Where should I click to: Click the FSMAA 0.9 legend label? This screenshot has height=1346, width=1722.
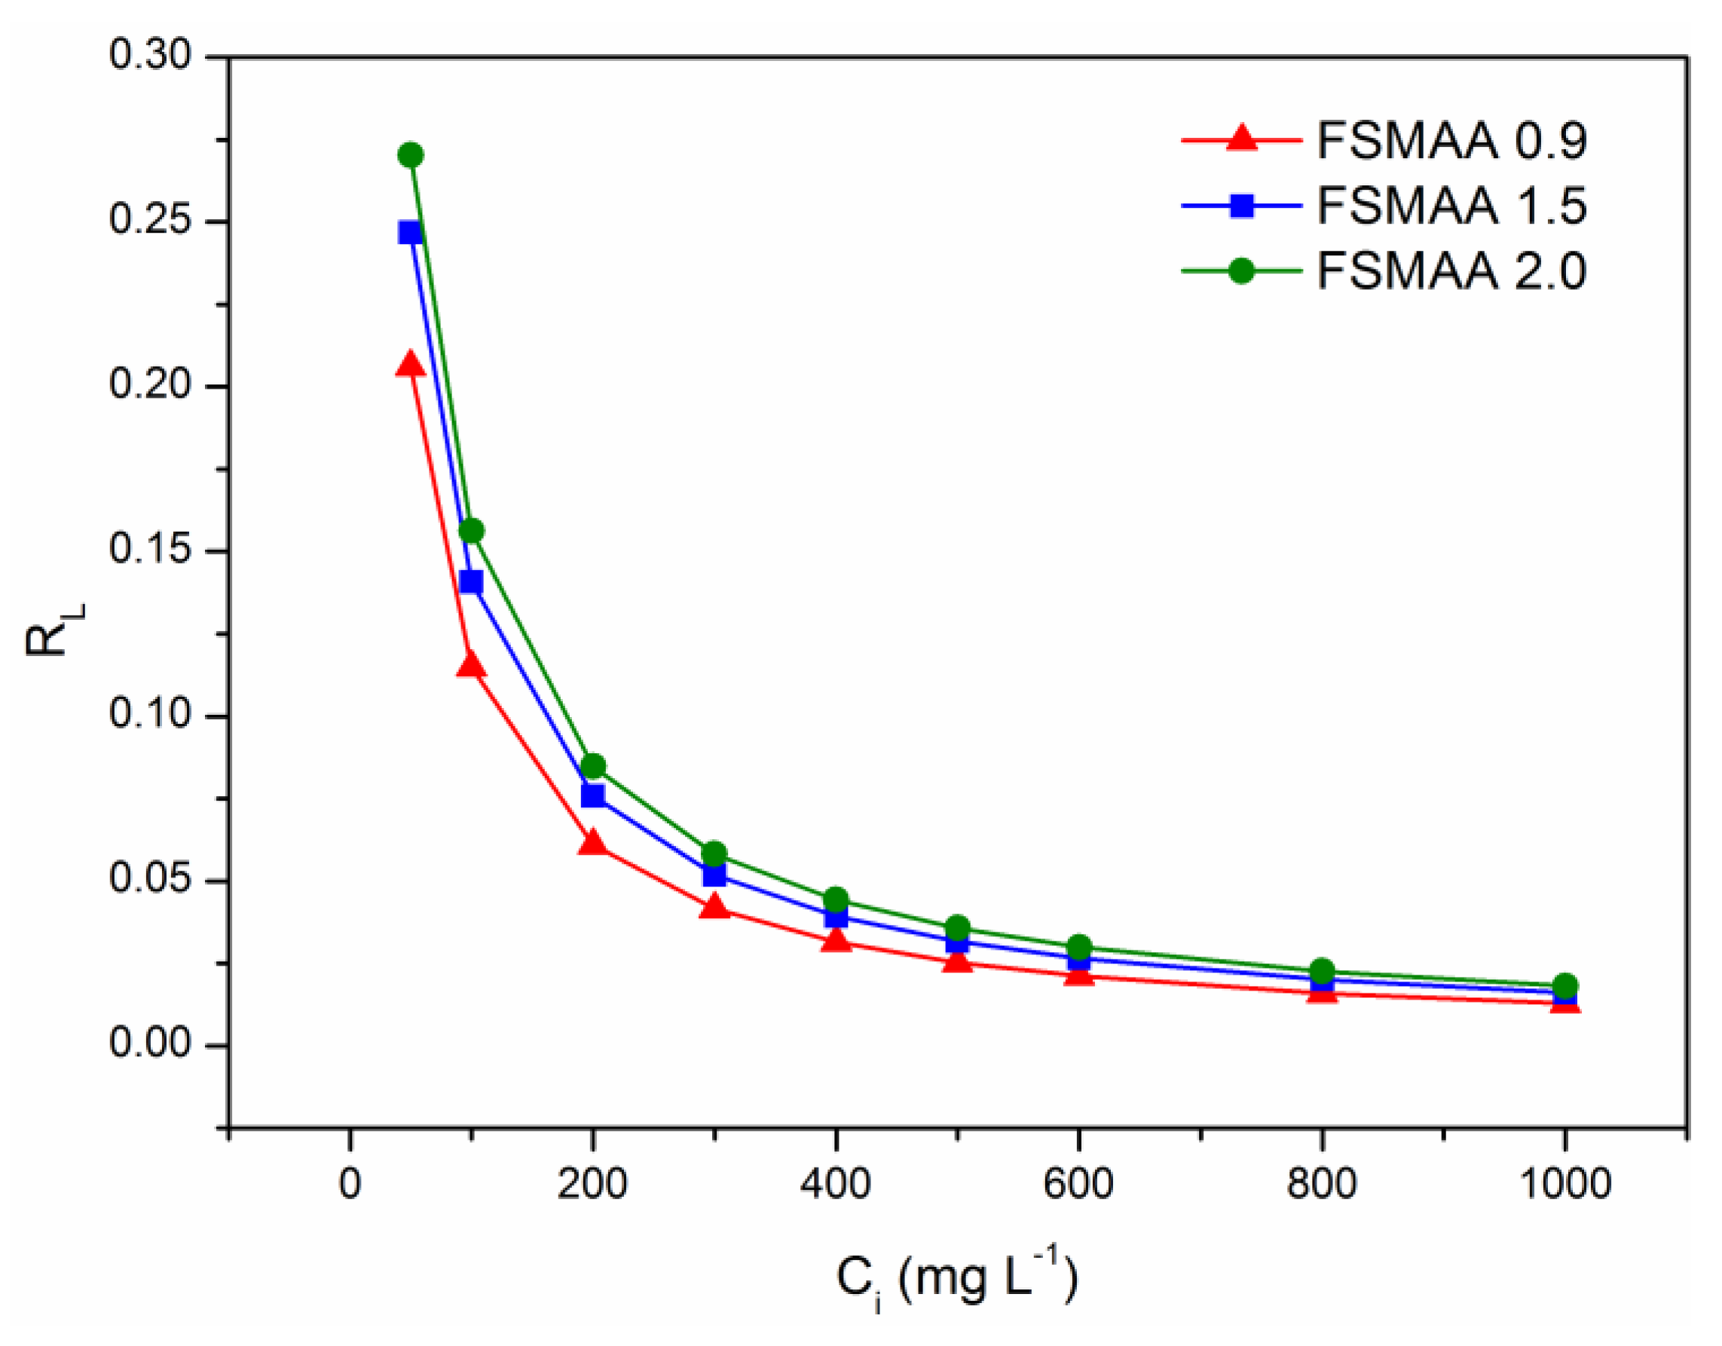coord(1451,141)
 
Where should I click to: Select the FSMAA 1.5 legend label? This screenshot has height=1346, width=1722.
coord(1451,206)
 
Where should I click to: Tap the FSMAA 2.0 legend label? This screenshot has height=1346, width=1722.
coord(1451,272)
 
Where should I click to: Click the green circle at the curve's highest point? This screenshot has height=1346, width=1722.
coord(411,154)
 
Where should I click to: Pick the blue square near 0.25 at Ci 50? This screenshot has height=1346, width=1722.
coord(410,233)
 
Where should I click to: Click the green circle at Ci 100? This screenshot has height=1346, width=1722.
coord(472,531)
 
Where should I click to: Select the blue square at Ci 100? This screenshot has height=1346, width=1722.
coord(472,582)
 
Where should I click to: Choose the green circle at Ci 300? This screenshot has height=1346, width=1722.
coord(714,854)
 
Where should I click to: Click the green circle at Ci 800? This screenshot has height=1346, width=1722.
coord(1323,971)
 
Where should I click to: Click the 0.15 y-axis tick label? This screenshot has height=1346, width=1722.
coord(151,549)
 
